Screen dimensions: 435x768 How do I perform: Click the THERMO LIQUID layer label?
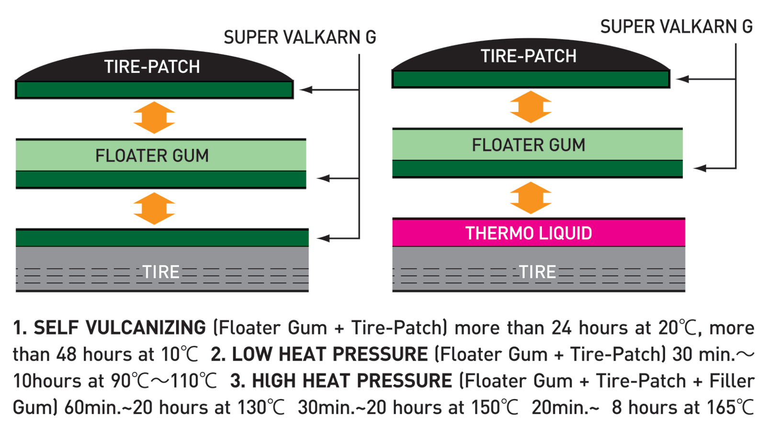tap(529, 233)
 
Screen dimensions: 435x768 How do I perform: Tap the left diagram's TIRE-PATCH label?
tap(152, 67)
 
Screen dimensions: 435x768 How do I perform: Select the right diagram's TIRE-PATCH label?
tap(529, 56)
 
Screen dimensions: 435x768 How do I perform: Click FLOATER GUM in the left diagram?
tap(152, 156)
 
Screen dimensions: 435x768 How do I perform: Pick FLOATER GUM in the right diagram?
tap(529, 145)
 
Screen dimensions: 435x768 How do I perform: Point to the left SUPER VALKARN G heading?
tap(300, 37)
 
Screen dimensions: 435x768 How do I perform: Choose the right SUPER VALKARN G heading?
tap(676, 27)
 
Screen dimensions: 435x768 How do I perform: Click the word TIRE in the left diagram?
tap(161, 272)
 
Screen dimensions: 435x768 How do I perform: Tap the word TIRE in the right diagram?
tap(538, 272)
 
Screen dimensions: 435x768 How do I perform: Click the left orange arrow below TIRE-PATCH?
tap(154, 117)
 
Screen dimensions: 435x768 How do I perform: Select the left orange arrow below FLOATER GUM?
tap(154, 208)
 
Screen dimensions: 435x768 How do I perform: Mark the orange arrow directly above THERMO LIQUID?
tap(531, 198)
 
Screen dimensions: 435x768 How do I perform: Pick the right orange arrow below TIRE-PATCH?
tap(531, 107)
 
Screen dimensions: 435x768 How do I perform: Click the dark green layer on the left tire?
tap(162, 238)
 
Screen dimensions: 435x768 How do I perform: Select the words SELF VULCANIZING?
tap(120, 328)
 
